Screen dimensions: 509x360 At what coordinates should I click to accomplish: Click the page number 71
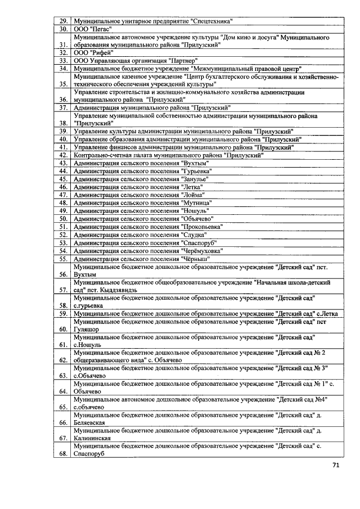pyautogui.click(x=336, y=465)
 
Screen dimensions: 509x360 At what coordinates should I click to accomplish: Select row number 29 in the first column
pyautogui.click(x=64, y=21)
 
